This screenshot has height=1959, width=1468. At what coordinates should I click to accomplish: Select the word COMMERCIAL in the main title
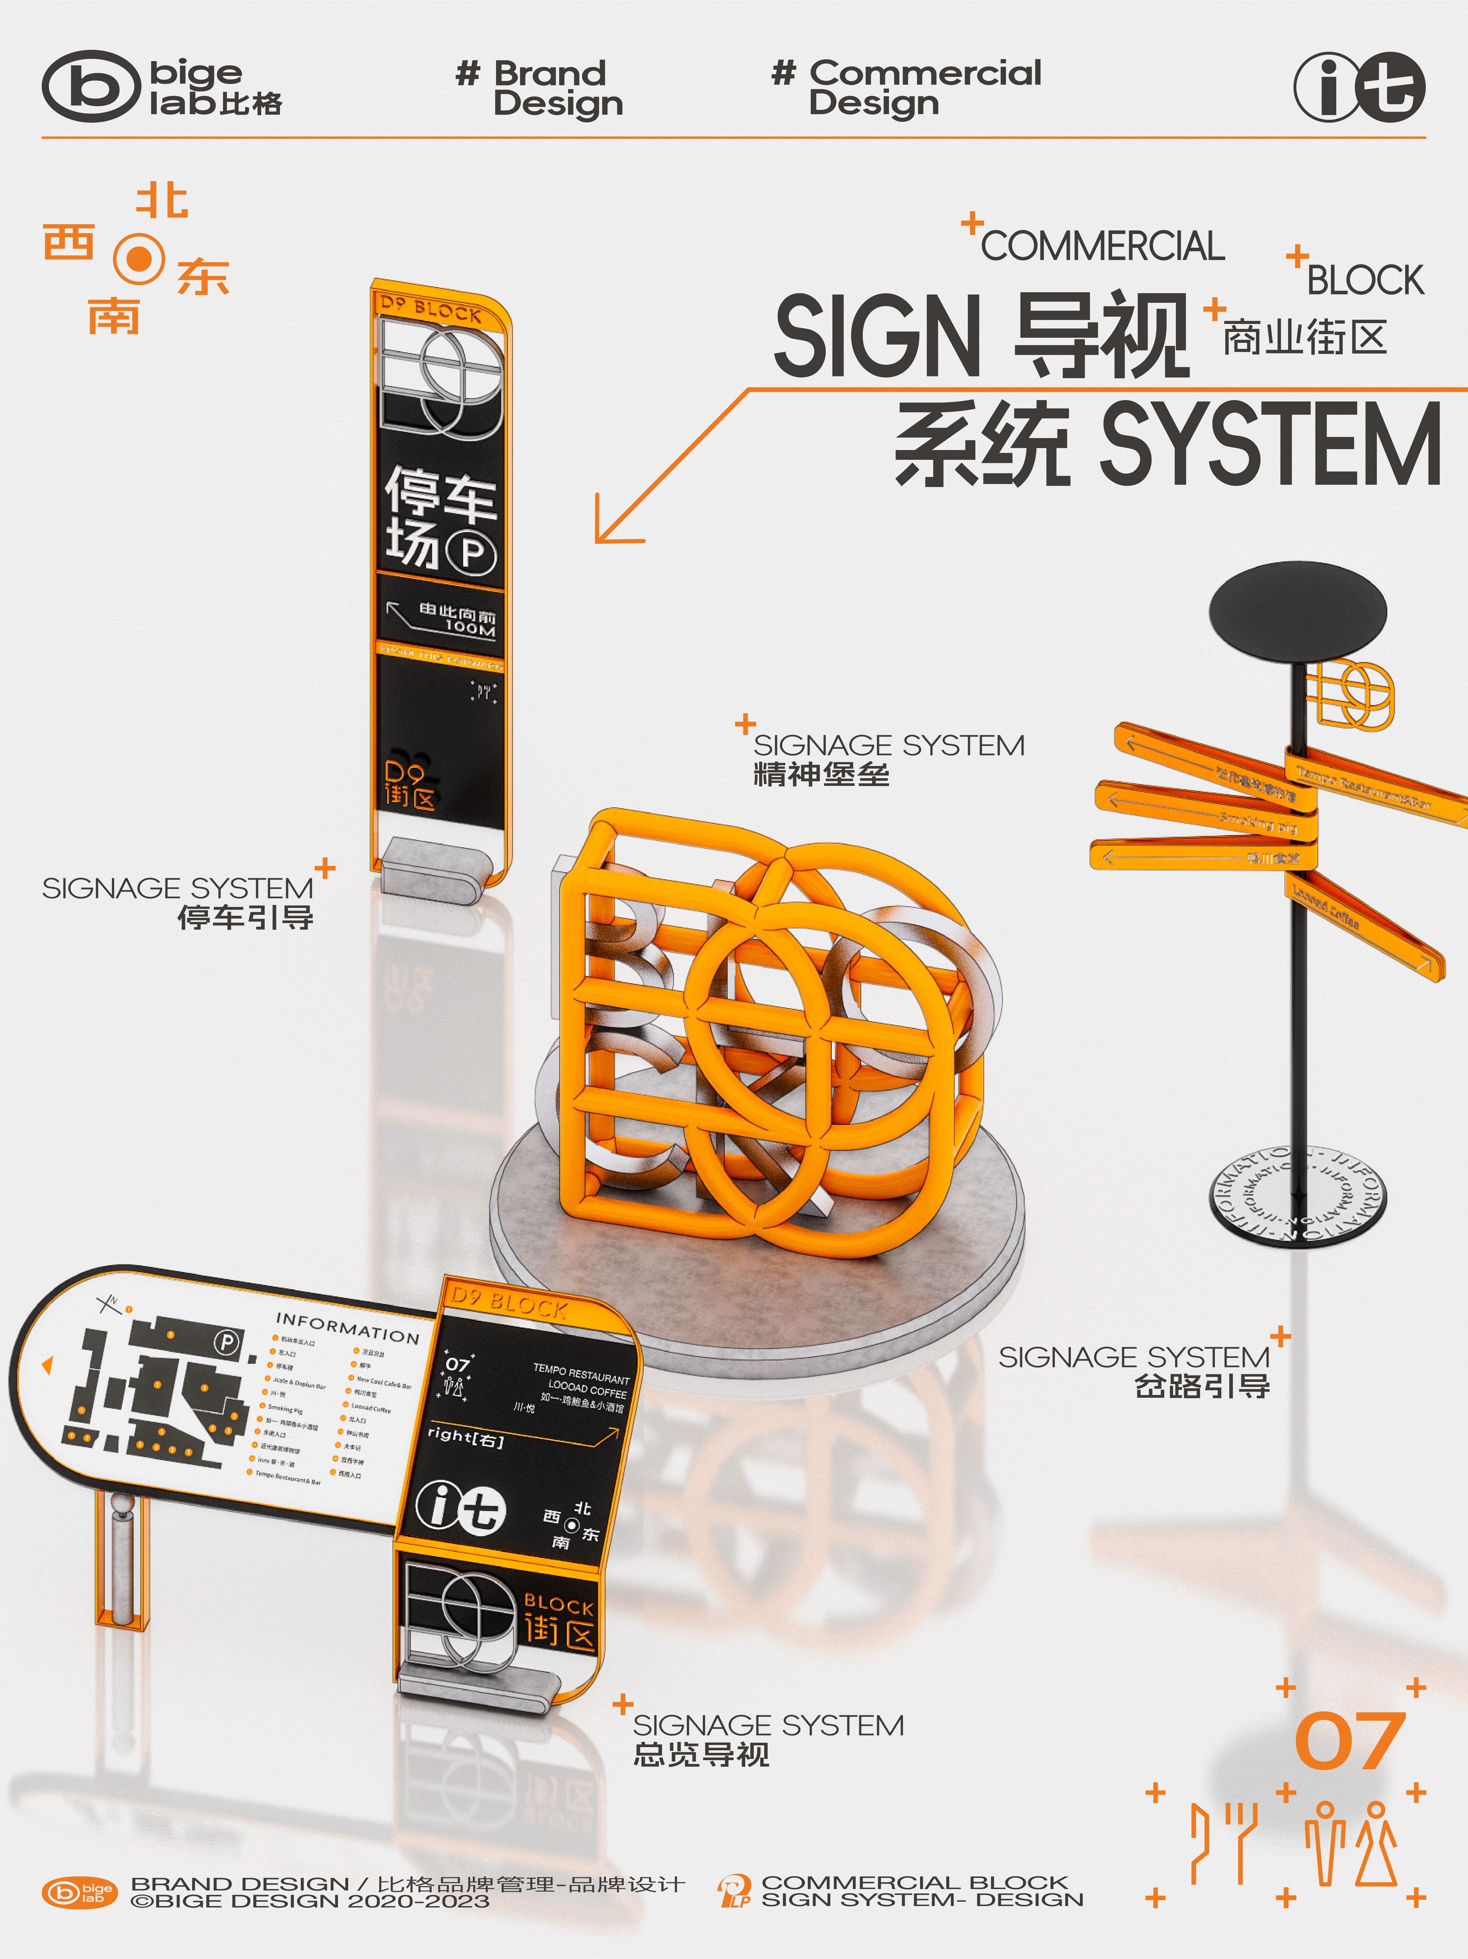point(1102,246)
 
